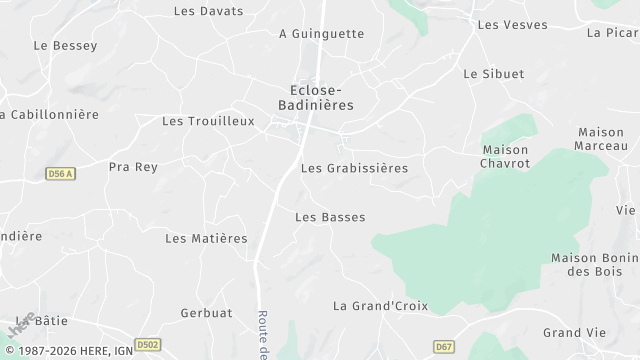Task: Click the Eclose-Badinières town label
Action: pos(315,95)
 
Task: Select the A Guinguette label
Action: pos(321,33)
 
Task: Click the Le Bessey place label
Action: pos(65,45)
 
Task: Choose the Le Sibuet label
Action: pos(494,74)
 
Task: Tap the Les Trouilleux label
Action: pos(208,121)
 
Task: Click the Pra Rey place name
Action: pos(133,167)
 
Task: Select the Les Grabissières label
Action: pos(354,168)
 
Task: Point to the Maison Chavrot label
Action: pos(504,156)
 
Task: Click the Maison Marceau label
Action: pos(601,139)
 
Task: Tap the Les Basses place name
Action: pos(330,217)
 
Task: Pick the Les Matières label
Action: pos(206,238)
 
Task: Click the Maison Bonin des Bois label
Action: pos(594,264)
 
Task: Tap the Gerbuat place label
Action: pos(206,313)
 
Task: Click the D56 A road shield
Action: pos(61,173)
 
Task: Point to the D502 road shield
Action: pos(147,344)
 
